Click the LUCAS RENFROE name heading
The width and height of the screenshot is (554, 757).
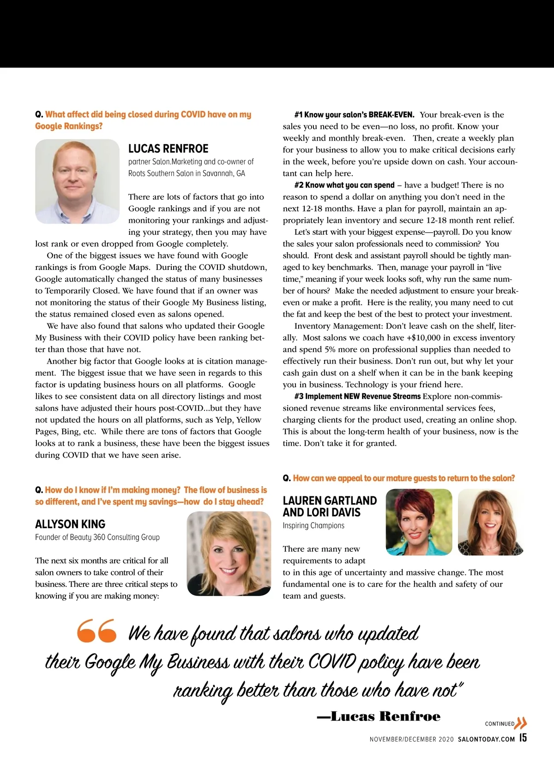tap(168, 149)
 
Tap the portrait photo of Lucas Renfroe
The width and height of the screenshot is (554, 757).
tap(77, 181)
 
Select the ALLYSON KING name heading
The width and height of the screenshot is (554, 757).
tap(70, 524)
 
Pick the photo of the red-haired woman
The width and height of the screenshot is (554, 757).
tap(419, 522)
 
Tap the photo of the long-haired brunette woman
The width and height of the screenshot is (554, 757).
tap(490, 522)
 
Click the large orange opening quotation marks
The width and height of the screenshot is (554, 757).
tap(96, 631)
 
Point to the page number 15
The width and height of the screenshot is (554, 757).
tap(523, 738)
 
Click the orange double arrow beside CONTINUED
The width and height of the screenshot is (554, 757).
tap(521, 723)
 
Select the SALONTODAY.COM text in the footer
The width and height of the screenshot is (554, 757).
tap(486, 739)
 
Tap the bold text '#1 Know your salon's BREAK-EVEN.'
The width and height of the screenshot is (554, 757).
tap(354, 115)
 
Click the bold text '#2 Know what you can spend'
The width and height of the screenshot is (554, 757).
tap(344, 185)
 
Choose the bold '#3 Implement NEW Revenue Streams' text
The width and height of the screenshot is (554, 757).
tap(357, 397)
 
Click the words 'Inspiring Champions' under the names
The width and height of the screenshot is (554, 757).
tap(313, 525)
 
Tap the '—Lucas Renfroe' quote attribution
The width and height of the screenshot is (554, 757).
tap(379, 717)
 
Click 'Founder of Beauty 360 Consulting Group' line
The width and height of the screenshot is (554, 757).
tap(97, 537)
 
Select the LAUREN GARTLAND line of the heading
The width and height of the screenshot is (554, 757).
tap(330, 501)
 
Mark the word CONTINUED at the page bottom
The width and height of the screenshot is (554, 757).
tap(499, 724)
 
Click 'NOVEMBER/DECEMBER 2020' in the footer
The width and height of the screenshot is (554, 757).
tap(412, 739)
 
